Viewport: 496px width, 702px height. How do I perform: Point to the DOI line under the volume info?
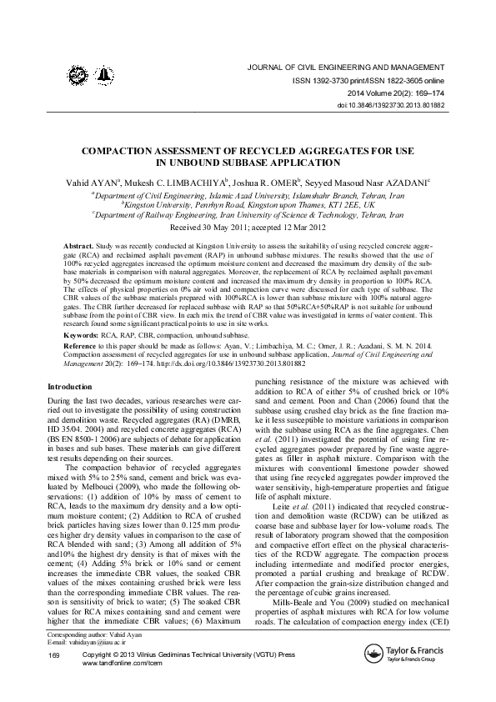point(389,106)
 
